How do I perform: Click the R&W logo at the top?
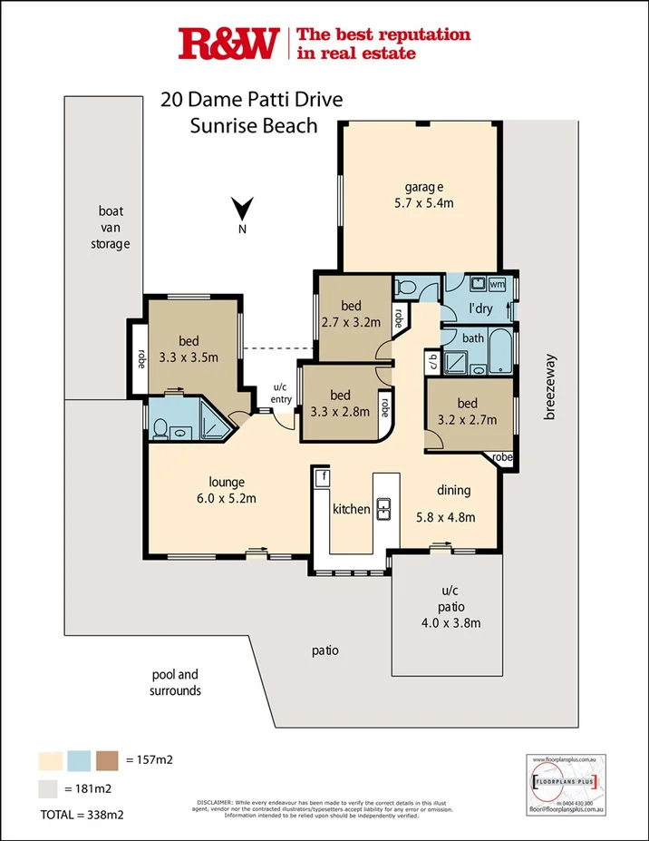(x=229, y=44)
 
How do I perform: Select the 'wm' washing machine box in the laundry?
(x=496, y=285)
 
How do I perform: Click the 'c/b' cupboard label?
(x=431, y=362)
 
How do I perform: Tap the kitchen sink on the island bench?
(x=383, y=510)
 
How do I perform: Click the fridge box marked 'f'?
(x=320, y=476)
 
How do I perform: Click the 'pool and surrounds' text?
(x=175, y=682)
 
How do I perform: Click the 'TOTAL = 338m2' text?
(x=82, y=815)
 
